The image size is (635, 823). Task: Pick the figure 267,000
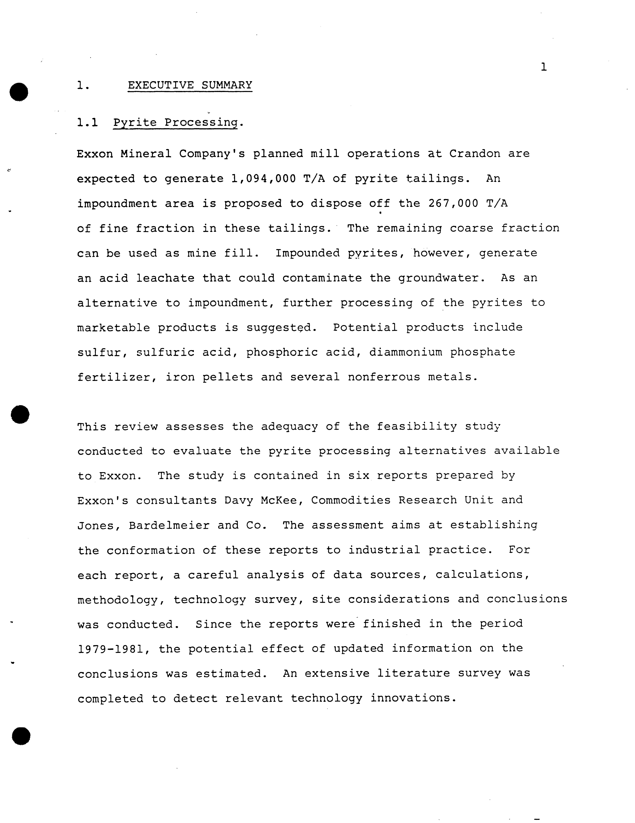(x=453, y=203)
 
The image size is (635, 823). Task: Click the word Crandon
(x=475, y=154)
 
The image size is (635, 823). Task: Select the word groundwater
(x=438, y=278)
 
